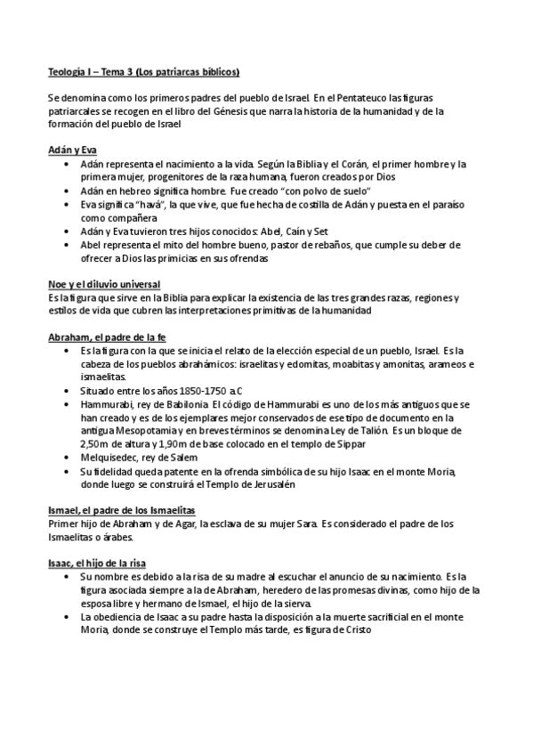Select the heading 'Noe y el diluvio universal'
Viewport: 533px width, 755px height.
click(105, 284)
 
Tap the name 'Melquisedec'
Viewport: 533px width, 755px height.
click(111, 458)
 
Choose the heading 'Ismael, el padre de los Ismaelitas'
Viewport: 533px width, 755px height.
click(122, 510)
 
